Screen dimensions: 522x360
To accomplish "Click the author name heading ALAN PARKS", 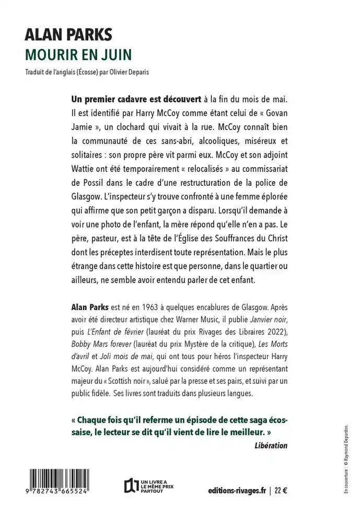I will pyautogui.click(x=68, y=35).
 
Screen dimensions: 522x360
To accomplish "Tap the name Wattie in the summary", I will pyautogui.click(x=84, y=169).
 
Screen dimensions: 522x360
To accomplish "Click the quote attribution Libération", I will pyautogui.click(x=271, y=446).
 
